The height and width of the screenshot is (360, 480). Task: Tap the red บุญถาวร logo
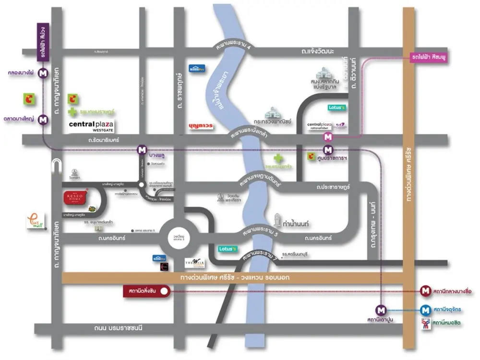(201, 126)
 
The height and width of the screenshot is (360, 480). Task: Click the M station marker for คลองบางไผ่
(43, 73)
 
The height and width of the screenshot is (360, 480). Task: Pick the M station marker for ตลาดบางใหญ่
(43, 120)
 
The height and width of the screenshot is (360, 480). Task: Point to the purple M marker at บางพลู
(142, 149)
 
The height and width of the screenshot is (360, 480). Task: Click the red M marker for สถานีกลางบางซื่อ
(425, 290)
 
